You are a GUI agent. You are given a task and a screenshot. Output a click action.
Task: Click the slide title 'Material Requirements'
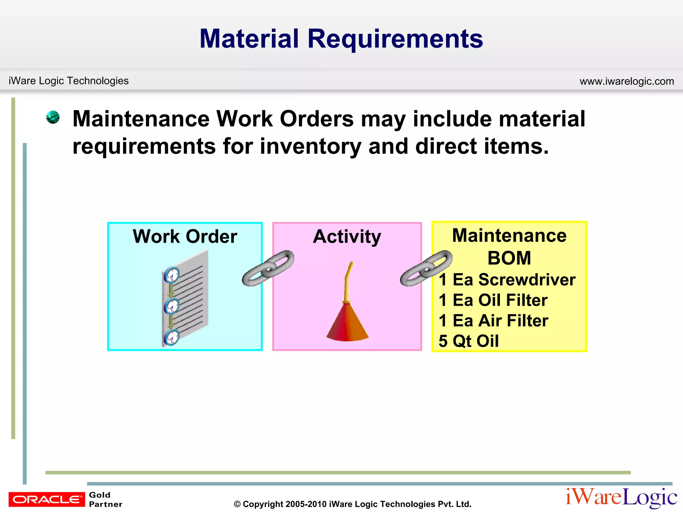pos(341,39)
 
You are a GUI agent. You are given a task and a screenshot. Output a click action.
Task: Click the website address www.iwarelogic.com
pos(627,81)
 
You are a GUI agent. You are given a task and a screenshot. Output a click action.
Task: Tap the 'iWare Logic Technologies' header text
pos(68,81)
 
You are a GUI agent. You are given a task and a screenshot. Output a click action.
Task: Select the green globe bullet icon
pos(53,117)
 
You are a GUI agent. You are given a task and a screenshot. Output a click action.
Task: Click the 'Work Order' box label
pos(185,236)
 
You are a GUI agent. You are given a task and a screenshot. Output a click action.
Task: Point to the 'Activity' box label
pos(347,236)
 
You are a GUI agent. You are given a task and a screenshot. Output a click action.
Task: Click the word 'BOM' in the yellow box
pos(509,258)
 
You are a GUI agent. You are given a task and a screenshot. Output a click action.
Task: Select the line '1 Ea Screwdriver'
pos(507,279)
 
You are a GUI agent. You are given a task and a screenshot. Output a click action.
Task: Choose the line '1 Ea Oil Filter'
pos(493,300)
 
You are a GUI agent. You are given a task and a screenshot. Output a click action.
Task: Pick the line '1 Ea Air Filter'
pos(493,321)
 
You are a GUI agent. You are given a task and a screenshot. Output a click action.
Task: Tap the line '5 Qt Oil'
pos(469,341)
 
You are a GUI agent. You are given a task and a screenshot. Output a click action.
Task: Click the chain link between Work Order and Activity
pos(268,268)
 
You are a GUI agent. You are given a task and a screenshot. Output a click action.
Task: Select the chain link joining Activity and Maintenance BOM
pos(426,268)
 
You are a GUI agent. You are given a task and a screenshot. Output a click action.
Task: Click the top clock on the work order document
pos(172,275)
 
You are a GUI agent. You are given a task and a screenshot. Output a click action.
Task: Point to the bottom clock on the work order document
pos(172,338)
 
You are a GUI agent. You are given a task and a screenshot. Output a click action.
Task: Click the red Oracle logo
pos(47,499)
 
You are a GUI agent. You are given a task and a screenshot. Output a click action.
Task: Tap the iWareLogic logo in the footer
pos(621,497)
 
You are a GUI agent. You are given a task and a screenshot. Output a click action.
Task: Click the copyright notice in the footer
pos(353,504)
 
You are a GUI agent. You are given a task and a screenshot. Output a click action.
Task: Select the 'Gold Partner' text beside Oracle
pos(105,499)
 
